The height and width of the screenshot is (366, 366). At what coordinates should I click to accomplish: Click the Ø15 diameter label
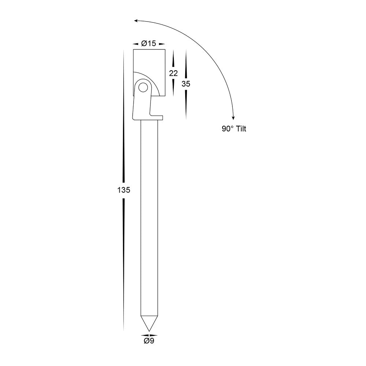(x=149, y=44)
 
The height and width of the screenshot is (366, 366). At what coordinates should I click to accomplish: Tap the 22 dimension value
(x=173, y=73)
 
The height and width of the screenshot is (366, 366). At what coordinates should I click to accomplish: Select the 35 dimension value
(x=186, y=84)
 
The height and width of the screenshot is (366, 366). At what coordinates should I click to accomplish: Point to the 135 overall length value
(x=123, y=190)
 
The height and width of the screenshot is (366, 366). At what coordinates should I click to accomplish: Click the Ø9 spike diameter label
(x=149, y=341)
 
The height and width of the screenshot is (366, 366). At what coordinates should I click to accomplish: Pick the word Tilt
(x=241, y=128)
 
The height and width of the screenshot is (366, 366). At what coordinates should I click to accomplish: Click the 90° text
(x=228, y=128)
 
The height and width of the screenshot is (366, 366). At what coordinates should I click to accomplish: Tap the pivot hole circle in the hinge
(x=143, y=88)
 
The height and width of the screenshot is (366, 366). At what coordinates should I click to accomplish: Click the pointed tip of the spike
(x=149, y=331)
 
